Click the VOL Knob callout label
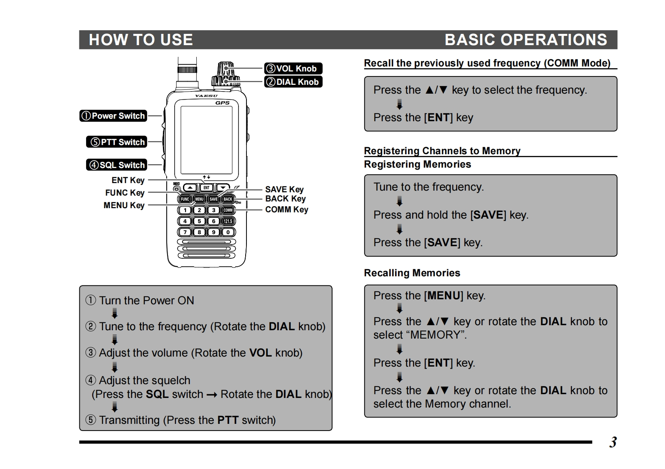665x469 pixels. point(293,69)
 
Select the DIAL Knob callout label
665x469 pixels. point(293,82)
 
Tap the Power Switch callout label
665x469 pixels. point(113,116)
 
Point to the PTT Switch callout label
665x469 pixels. point(117,142)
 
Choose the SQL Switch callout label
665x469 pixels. point(117,165)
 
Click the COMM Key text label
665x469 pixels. point(287,209)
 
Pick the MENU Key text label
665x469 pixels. point(124,205)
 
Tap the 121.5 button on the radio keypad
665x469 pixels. point(228,221)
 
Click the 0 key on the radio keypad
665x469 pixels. point(228,232)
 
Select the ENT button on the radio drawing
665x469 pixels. point(206,188)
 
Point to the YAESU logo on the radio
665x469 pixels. point(206,96)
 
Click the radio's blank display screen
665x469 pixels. point(206,139)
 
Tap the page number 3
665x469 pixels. point(613,442)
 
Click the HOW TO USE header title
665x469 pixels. point(141,40)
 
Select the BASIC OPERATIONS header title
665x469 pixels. point(525,40)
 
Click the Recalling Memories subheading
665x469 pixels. point(412,273)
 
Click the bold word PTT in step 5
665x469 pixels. point(228,420)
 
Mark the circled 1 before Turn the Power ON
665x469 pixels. point(91,301)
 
